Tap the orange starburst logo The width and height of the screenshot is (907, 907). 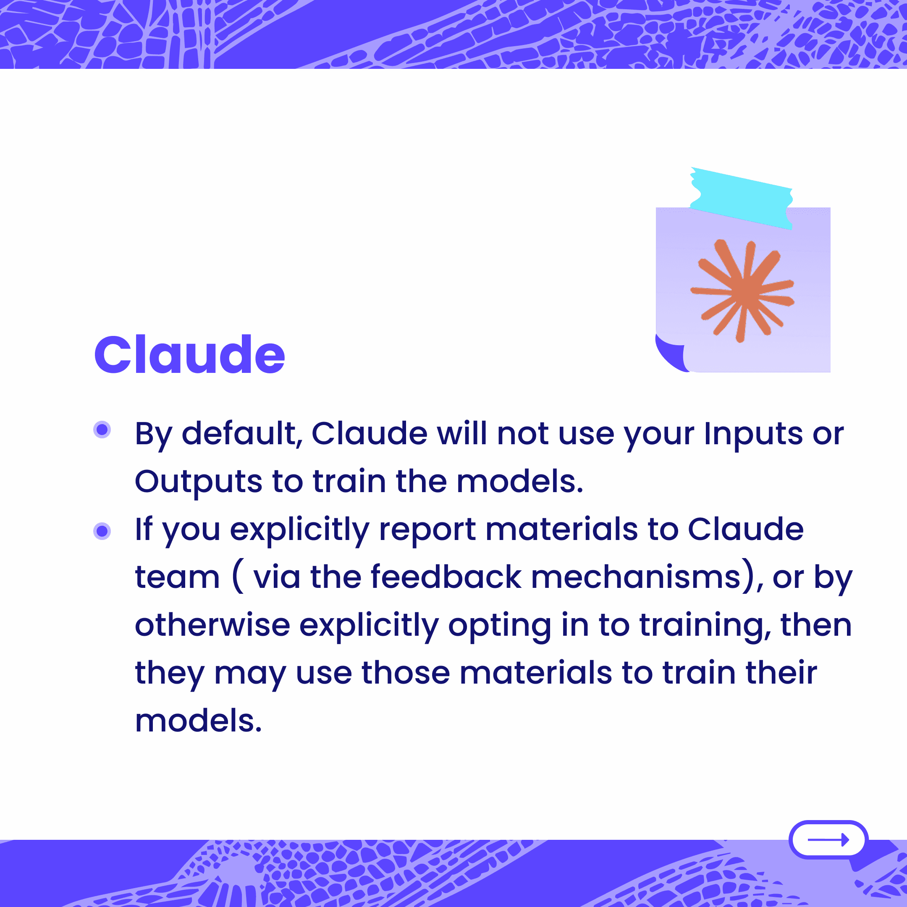742,291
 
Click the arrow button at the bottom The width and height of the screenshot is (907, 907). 828,839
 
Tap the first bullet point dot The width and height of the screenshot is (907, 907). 102,430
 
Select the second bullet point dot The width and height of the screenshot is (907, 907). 102,531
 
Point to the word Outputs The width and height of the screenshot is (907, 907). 199,482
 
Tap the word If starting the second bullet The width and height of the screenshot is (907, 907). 144,528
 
